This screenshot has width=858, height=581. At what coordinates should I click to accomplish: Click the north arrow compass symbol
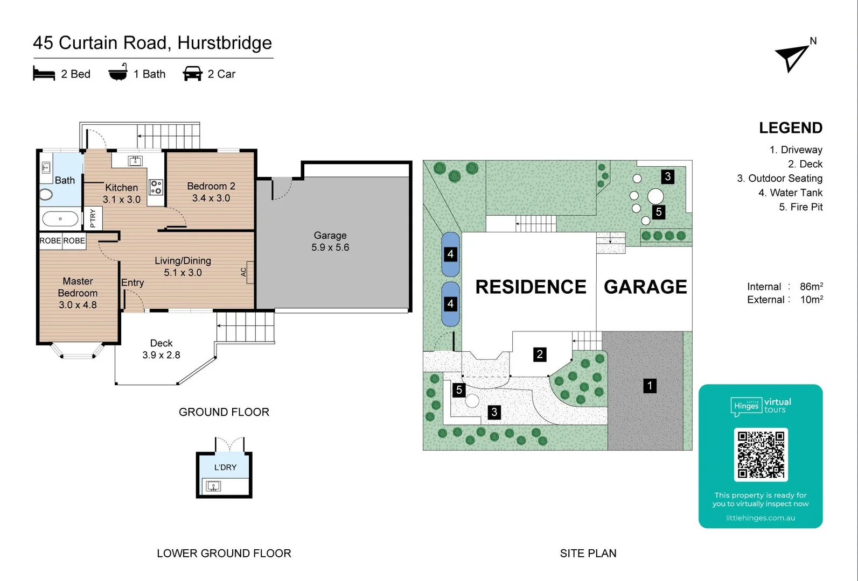pos(792,57)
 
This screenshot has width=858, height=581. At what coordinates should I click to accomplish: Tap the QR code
pos(761,455)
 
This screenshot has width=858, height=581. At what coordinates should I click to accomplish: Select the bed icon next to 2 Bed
pos(44,74)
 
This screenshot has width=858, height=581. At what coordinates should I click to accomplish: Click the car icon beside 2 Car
pos(192,74)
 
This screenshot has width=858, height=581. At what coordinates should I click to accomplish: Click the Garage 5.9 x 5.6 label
pos(330,242)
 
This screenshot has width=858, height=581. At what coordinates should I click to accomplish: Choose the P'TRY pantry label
pos(93,218)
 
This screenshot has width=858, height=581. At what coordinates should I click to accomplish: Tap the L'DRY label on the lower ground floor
pos(225,467)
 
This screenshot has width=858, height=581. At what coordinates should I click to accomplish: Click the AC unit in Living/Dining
pos(244,272)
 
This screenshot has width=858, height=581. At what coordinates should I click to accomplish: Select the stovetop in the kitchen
pos(156,187)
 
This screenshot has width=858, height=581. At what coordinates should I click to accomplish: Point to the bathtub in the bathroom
pos(60,219)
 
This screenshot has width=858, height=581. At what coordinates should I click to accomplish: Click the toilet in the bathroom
pos(46,194)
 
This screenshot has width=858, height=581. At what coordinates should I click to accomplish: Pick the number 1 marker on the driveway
pos(650,385)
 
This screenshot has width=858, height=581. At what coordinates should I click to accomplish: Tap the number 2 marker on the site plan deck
pos(540,355)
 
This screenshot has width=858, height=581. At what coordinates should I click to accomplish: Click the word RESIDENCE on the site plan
pos(531,287)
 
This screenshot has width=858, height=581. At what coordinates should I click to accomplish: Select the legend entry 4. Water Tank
pos(790,193)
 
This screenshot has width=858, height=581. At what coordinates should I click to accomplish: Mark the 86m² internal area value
pos(811,287)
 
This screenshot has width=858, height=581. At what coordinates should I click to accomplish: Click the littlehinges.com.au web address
pos(761,518)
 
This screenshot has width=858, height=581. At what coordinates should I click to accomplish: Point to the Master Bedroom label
pos(78,293)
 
